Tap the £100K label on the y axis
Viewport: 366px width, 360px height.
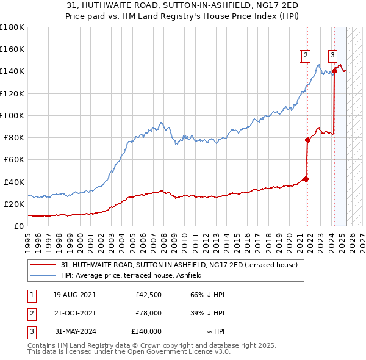[x=12, y=115]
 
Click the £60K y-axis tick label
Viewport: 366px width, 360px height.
[x=14, y=159]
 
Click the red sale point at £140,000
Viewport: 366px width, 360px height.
[x=334, y=71]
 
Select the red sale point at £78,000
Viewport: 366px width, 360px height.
[x=308, y=140]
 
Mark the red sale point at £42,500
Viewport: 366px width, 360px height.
[x=306, y=179]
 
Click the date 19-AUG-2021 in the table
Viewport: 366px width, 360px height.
[x=74, y=295]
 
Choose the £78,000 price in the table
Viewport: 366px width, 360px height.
[x=148, y=313]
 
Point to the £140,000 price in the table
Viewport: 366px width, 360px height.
[x=146, y=331]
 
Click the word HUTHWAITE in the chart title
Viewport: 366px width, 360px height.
[x=98, y=5]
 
